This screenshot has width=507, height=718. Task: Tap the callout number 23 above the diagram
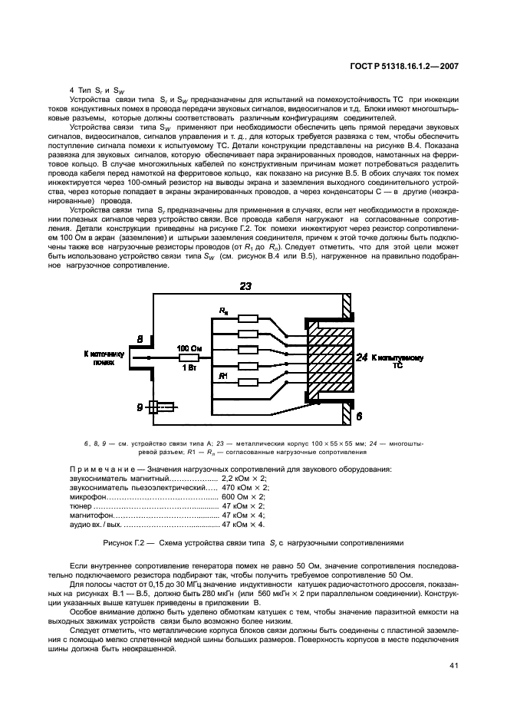(245, 286)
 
